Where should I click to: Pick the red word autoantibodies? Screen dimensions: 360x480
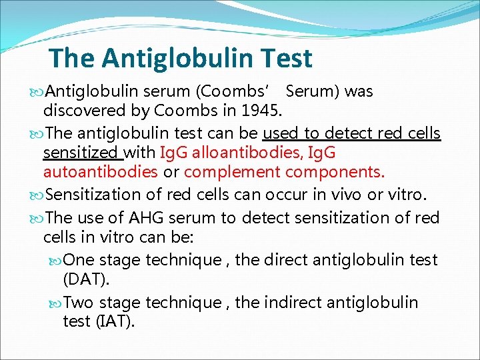pos(100,172)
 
